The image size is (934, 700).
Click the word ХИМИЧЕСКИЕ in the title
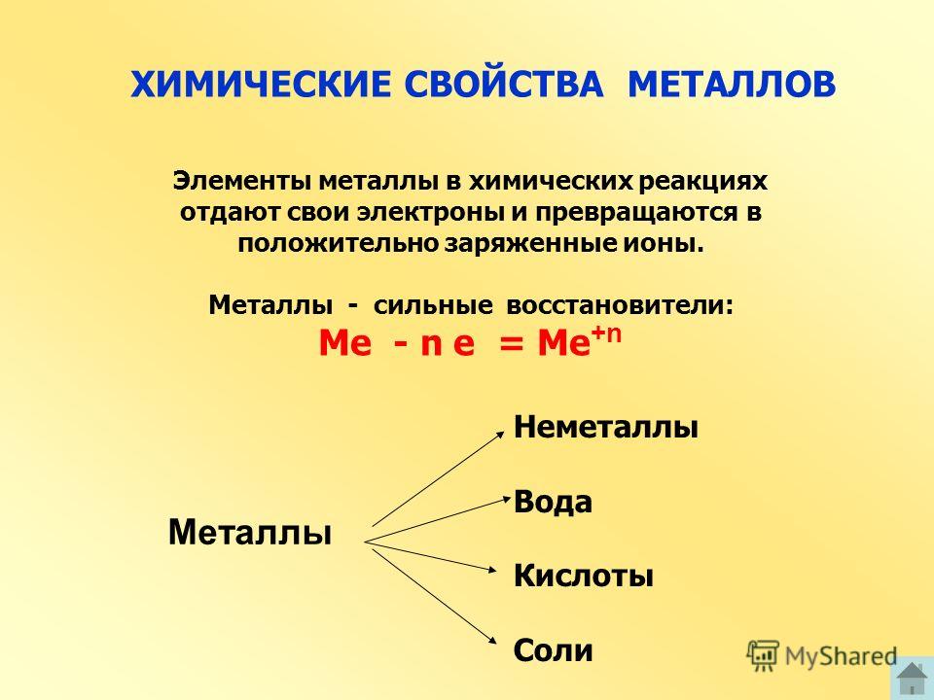pos(261,84)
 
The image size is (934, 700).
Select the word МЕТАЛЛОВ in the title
pos(732,84)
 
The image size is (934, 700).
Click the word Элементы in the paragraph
pos(242,181)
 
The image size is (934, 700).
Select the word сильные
pos(433,305)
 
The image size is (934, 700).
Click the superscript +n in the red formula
pos(606,334)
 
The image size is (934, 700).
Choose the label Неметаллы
pos(606,427)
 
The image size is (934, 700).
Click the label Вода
pos(553,502)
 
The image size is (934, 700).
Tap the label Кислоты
pos(584,576)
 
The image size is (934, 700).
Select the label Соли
pos(553,650)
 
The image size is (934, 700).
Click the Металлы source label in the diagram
pos(250,532)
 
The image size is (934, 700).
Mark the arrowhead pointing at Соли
pos(492,640)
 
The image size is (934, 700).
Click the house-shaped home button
pos(912,679)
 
